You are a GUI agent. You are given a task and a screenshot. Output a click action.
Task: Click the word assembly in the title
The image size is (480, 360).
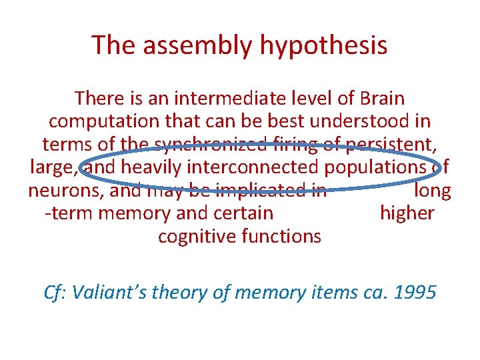click(197, 45)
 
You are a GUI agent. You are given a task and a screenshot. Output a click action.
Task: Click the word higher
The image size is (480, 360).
click(407, 213)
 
